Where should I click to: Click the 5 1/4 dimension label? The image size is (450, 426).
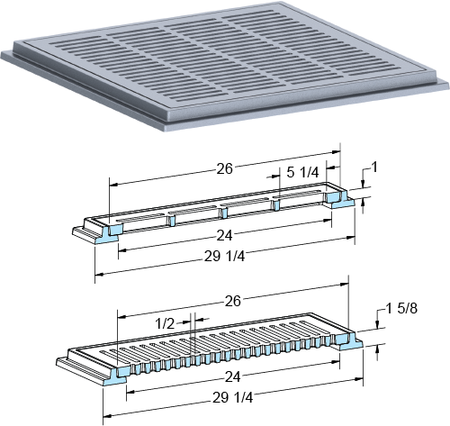(302, 172)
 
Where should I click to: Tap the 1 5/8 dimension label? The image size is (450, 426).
(401, 308)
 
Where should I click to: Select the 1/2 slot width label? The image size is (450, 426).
(165, 324)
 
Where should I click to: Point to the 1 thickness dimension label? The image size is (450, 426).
(374, 168)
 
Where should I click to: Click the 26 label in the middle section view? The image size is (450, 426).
(224, 169)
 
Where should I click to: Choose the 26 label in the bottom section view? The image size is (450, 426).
(233, 301)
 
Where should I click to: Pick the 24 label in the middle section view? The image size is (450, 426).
(224, 236)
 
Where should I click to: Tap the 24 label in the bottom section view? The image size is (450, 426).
(233, 377)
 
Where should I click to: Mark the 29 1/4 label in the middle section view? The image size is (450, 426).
(224, 257)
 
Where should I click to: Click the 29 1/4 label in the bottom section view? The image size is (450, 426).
(233, 398)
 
